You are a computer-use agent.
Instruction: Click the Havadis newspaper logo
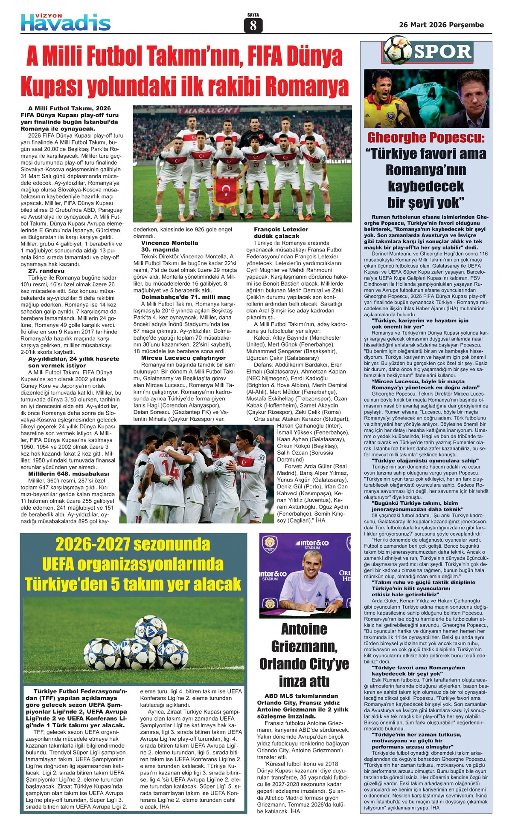66,22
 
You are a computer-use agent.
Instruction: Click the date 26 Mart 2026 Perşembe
441,25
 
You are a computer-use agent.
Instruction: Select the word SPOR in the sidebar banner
442,52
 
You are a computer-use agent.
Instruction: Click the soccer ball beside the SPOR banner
397,50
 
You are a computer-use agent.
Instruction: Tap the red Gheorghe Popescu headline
426,138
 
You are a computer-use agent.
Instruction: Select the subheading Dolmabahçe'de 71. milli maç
186,297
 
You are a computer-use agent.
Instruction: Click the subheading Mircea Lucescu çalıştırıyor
183,358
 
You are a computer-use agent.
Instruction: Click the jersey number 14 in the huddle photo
170,469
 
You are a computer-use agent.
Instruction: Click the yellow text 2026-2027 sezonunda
133,545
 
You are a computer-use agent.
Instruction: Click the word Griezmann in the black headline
304,647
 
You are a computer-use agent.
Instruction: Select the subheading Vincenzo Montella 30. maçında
169,246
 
